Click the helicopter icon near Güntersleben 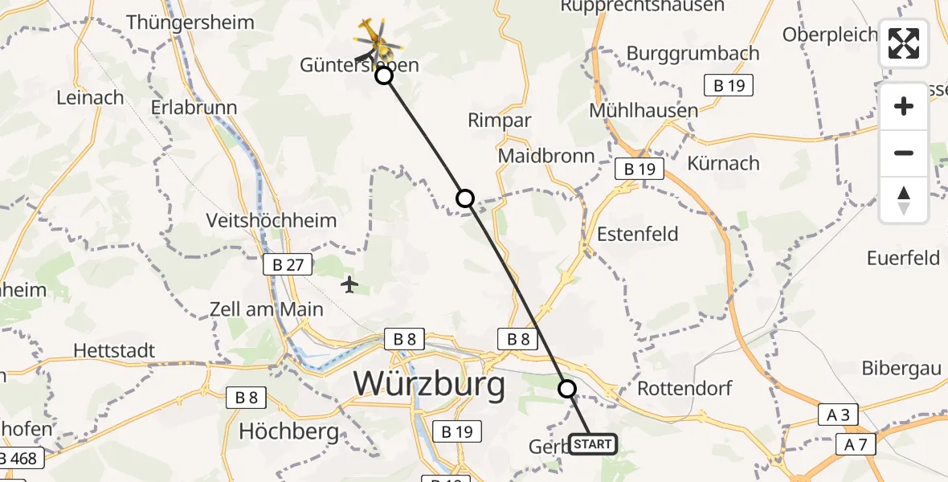pyautogui.click(x=372, y=35)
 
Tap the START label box pyautogui.click(x=593, y=444)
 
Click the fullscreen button pyautogui.click(x=904, y=43)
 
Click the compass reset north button pyautogui.click(x=904, y=200)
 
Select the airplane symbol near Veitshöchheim pyautogui.click(x=349, y=284)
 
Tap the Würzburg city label pyautogui.click(x=430, y=384)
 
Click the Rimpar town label pyautogui.click(x=500, y=120)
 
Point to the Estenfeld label pyautogui.click(x=638, y=234)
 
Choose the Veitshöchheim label pyautogui.click(x=271, y=219)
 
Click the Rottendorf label pyautogui.click(x=684, y=388)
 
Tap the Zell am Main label pyautogui.click(x=266, y=308)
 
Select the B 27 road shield pyautogui.click(x=288, y=265)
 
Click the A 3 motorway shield pyautogui.click(x=837, y=415)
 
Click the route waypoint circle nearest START pyautogui.click(x=567, y=389)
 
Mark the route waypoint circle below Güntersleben pyautogui.click(x=384, y=76)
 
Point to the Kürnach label pyautogui.click(x=723, y=163)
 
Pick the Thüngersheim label pyautogui.click(x=201, y=22)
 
